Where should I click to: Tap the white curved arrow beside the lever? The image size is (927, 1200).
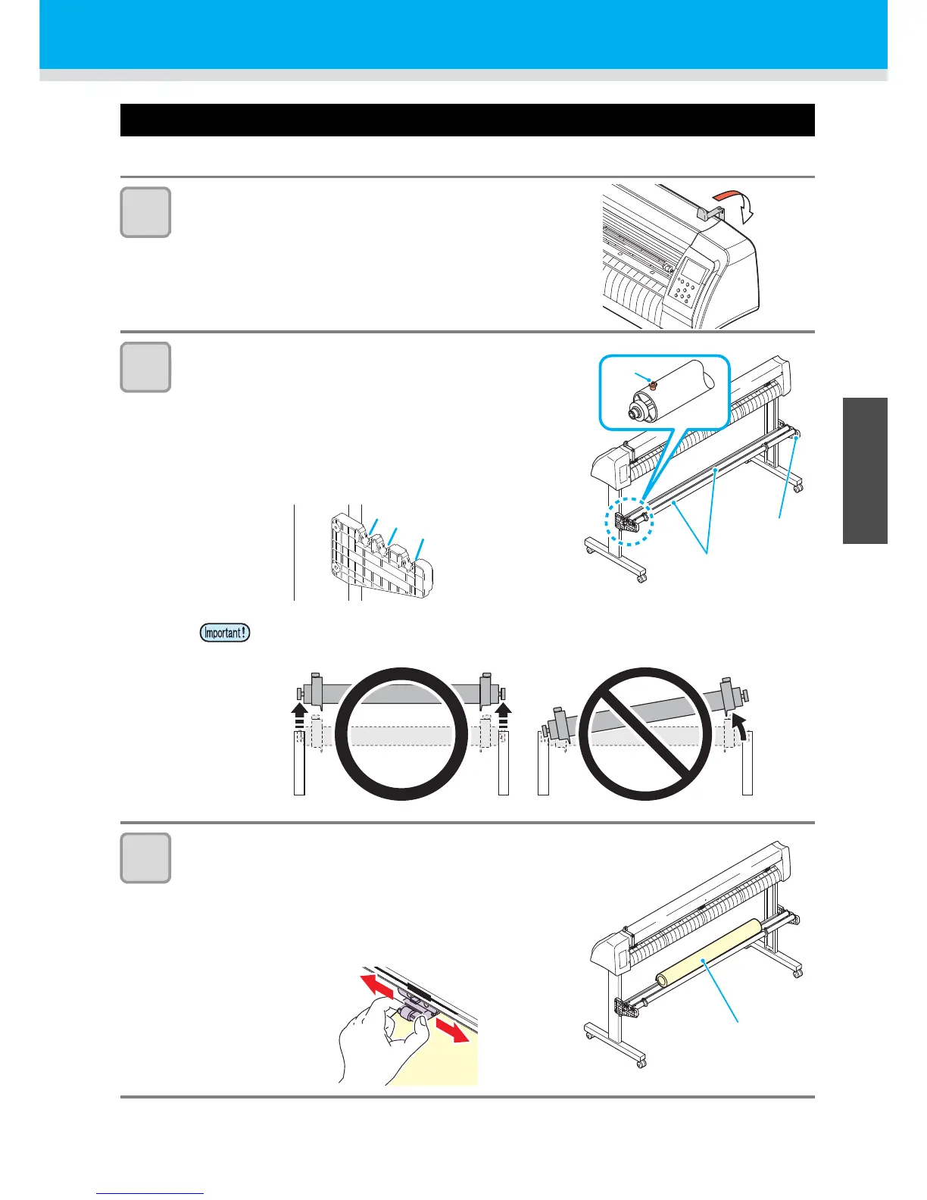[x=748, y=209]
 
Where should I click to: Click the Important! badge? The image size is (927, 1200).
[x=225, y=632]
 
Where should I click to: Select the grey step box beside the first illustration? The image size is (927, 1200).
[x=145, y=212]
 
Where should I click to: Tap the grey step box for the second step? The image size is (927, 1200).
[x=145, y=367]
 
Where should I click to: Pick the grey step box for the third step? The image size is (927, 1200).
[x=145, y=858]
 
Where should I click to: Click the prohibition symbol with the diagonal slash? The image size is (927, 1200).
[x=645, y=733]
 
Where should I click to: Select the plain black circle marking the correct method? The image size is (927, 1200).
[x=401, y=733]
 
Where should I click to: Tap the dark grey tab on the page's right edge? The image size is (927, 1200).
[x=864, y=470]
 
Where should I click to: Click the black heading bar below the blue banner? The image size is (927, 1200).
[x=467, y=120]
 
